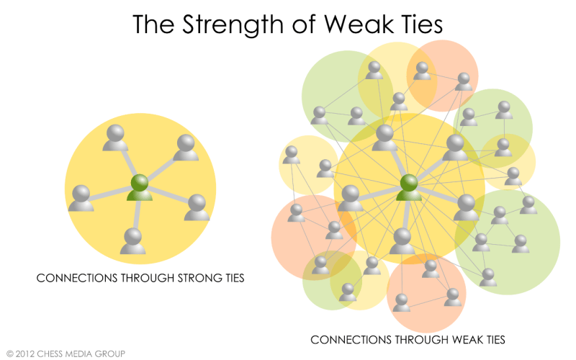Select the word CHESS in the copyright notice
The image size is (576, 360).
click(55, 354)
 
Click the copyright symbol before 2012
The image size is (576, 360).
click(9, 354)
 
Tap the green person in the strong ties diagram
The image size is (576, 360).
click(140, 188)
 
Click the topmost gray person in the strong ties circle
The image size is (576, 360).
click(115, 138)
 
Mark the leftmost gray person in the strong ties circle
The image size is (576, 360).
click(81, 198)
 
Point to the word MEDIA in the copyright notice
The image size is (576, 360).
click(87, 354)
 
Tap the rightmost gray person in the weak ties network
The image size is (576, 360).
click(528, 204)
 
